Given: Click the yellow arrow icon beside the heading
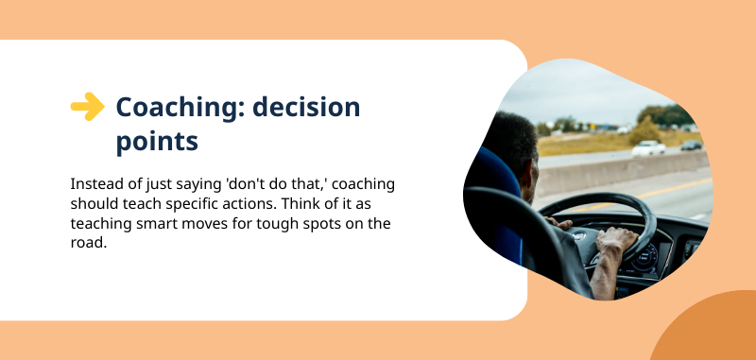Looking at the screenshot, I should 87,107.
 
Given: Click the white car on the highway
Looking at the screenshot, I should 648,147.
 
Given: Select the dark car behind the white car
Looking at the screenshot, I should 692,145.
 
